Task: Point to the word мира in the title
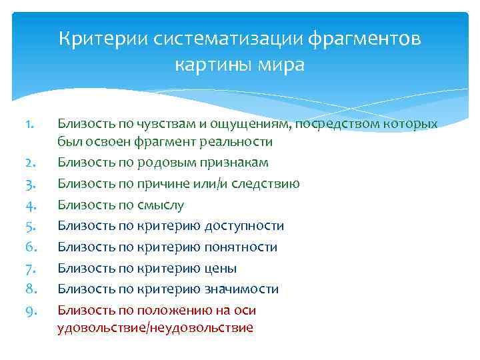click(281, 65)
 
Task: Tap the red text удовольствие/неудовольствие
click(155, 328)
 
